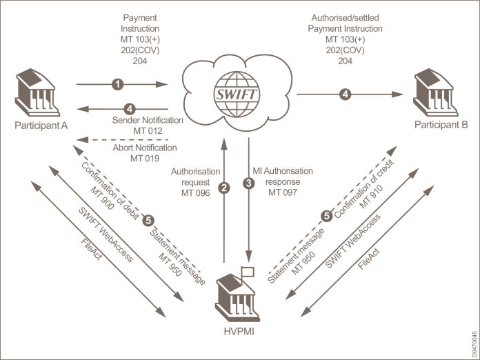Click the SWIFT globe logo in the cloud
[237, 90]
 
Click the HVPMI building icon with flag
[239, 289]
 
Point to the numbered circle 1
[119, 84]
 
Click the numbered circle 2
[223, 187]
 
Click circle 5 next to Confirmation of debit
[148, 220]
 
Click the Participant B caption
[441, 125]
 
